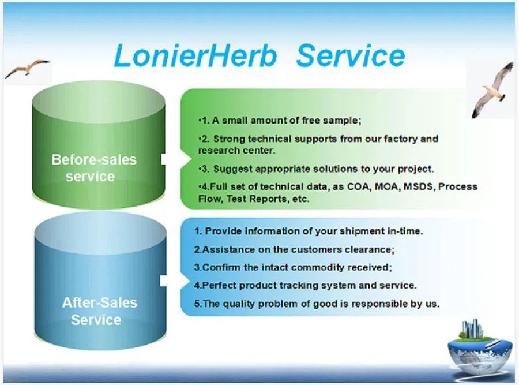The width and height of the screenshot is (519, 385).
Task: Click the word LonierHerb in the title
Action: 195,57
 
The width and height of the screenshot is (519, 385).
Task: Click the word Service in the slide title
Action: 351,57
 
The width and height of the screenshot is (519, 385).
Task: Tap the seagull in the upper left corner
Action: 27,69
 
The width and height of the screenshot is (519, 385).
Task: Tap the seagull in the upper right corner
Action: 491,89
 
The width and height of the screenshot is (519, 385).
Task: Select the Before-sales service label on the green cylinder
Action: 94,167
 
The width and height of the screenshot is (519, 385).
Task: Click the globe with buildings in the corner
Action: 476,346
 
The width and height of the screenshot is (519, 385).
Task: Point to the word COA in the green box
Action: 359,187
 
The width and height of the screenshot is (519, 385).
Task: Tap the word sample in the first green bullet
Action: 340,121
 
